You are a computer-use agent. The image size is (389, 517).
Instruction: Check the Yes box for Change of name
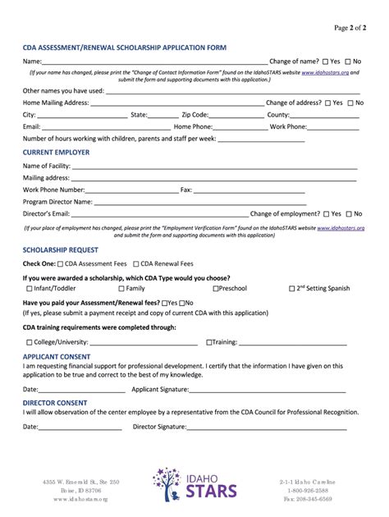326,62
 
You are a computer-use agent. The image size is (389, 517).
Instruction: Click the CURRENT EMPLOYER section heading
56,152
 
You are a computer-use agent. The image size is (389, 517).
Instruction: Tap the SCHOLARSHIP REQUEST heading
61,249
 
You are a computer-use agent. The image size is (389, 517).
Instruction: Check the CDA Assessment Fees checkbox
61,264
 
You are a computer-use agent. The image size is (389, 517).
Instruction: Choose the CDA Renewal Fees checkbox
135,264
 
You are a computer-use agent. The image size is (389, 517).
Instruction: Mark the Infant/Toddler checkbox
30,289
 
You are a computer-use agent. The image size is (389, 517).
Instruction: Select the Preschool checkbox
216,289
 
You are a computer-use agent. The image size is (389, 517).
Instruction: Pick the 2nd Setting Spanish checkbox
293,289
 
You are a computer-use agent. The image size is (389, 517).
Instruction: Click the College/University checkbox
30,342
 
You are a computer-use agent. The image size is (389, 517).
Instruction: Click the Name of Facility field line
213,167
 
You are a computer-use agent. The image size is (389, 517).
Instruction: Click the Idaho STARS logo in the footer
194,483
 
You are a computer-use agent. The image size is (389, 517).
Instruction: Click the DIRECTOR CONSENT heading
55,403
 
